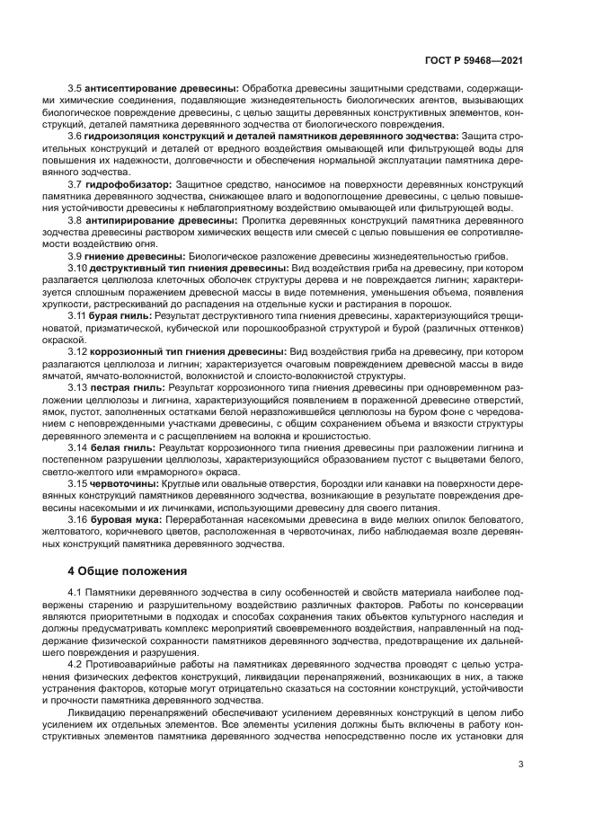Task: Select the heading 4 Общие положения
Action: click(x=128, y=570)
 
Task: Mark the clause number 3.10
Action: click(x=77, y=268)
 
